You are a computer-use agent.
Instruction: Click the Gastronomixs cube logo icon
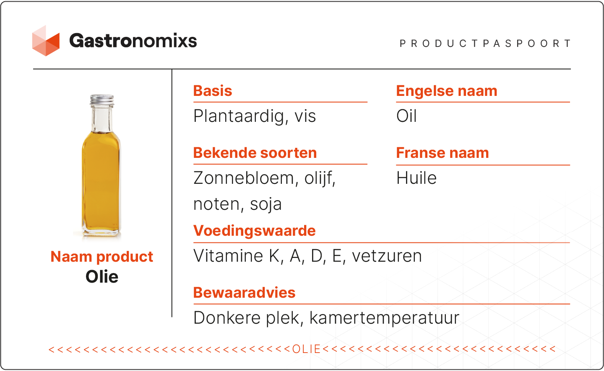coord(46,41)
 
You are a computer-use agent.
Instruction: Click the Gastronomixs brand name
coord(133,41)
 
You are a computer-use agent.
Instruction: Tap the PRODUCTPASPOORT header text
coord(485,44)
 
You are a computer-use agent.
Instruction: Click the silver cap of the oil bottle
coord(102,100)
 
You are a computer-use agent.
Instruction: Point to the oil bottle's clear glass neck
coord(102,119)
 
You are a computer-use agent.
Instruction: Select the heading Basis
coord(213,91)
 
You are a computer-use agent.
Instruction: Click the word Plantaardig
coord(239,116)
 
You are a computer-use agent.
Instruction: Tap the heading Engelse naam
coord(447,91)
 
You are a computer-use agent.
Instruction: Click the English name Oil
coord(406,116)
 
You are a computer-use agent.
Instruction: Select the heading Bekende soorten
coord(255,153)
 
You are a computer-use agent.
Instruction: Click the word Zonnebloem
coord(243,178)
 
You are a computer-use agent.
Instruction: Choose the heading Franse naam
coord(443,153)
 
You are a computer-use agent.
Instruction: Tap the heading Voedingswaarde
coord(254,231)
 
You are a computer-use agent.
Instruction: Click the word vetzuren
coord(387,256)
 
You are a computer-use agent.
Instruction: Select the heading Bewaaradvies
coord(244,293)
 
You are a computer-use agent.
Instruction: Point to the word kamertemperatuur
coord(384,318)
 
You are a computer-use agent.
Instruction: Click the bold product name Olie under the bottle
coord(102,276)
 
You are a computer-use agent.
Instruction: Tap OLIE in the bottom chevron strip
coord(306,349)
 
